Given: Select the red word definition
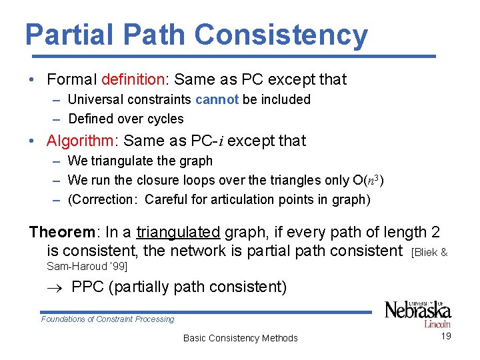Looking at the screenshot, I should [x=133, y=79].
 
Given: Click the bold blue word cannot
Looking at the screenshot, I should [x=217, y=99].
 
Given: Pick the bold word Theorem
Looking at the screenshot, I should [x=63, y=232].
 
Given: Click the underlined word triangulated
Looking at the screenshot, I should [x=178, y=232].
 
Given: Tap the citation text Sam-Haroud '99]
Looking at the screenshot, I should [x=87, y=267].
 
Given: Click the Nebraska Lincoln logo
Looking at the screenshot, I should [x=418, y=313].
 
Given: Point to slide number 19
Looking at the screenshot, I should [x=446, y=336].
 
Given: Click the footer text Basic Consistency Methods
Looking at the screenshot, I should [x=240, y=338].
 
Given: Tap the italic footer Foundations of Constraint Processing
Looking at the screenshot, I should [x=107, y=319].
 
